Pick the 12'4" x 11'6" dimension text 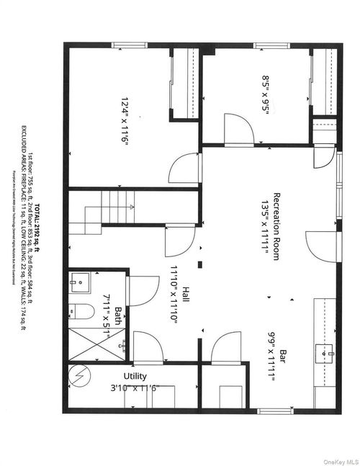[x=125, y=122]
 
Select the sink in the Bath [x=78, y=282]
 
